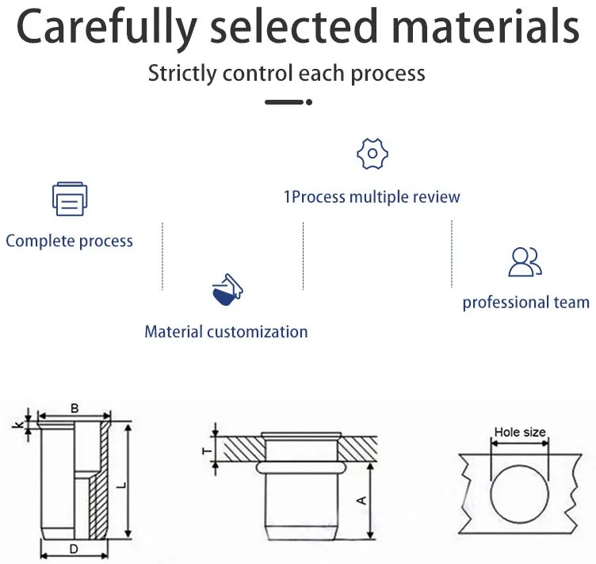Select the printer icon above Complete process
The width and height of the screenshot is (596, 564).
[x=70, y=200]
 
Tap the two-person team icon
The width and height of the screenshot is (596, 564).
[x=525, y=262]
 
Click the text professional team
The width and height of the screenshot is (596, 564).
[x=526, y=303]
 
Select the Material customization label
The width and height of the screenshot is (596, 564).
[x=226, y=331]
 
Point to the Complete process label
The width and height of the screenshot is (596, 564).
[x=70, y=241]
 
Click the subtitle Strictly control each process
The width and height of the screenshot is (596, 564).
[x=286, y=74]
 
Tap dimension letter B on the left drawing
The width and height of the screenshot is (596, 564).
[x=74, y=409]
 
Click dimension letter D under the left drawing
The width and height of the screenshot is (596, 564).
[x=73, y=548]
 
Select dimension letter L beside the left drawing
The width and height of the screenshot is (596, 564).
[x=120, y=483]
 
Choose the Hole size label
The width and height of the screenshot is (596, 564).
[x=520, y=433]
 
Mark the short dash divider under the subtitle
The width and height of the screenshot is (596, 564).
[x=287, y=102]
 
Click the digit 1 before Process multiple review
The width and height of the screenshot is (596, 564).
[x=288, y=196]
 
